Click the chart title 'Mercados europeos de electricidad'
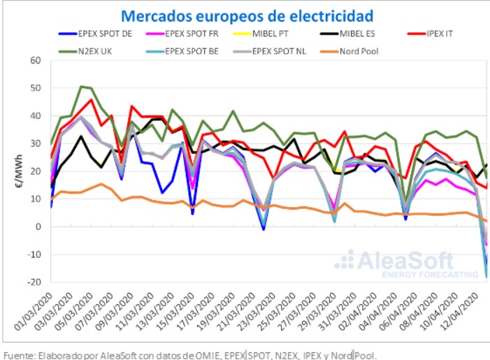click(x=247, y=15)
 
